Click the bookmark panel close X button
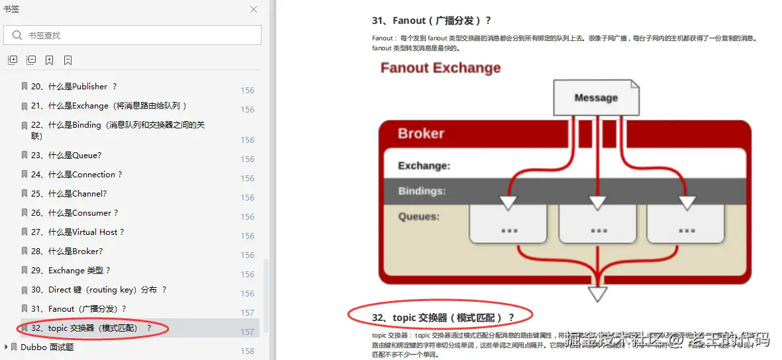(254, 9)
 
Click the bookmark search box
(132, 35)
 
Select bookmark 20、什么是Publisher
(73, 87)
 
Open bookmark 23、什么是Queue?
(74, 156)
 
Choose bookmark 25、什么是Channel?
(77, 194)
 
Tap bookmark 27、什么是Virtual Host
(85, 232)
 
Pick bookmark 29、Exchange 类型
(79, 271)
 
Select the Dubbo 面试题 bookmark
(47, 347)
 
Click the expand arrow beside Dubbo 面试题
(7, 347)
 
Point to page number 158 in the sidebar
(248, 351)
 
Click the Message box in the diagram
(596, 98)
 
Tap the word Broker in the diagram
(421, 134)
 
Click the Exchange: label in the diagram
(424, 166)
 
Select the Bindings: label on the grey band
(422, 191)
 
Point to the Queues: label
(418, 216)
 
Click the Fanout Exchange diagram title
(440, 68)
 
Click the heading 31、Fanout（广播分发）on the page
(432, 21)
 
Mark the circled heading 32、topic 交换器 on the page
(442, 318)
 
